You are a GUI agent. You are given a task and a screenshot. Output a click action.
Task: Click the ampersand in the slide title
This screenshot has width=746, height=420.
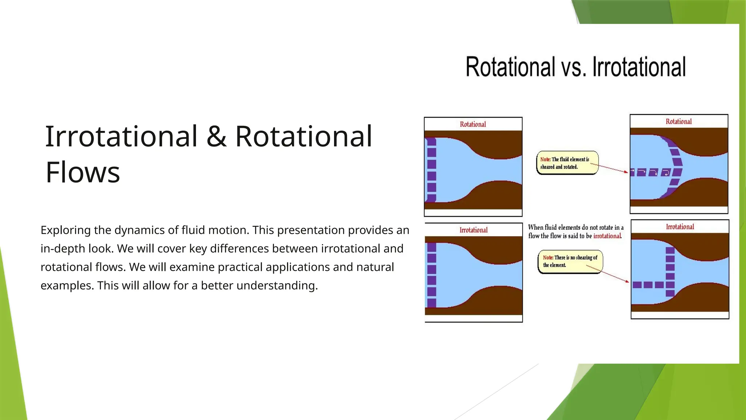coord(216,136)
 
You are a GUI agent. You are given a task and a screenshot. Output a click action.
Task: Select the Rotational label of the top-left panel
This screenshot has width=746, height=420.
coord(473,124)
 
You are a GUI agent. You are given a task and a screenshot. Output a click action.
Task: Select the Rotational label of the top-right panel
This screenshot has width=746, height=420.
coord(679,121)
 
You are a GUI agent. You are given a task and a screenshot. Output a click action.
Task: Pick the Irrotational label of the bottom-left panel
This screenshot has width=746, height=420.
coord(474,230)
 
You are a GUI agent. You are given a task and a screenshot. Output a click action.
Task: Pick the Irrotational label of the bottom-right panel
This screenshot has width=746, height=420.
coord(680,227)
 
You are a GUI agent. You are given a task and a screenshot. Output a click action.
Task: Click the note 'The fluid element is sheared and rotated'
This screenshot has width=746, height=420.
coord(567,163)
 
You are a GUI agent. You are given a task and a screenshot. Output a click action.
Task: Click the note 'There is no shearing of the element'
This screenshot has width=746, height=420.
coord(570,261)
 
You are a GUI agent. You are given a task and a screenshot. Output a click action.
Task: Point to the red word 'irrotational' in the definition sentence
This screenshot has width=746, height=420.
coord(607,236)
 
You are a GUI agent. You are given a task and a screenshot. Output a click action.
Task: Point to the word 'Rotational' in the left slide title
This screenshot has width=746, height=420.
coord(303,136)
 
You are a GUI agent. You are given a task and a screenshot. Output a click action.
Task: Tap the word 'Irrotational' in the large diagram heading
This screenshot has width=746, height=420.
coord(639,67)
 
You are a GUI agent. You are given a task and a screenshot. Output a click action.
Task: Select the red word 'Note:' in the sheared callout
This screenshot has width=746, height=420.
coord(545,159)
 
